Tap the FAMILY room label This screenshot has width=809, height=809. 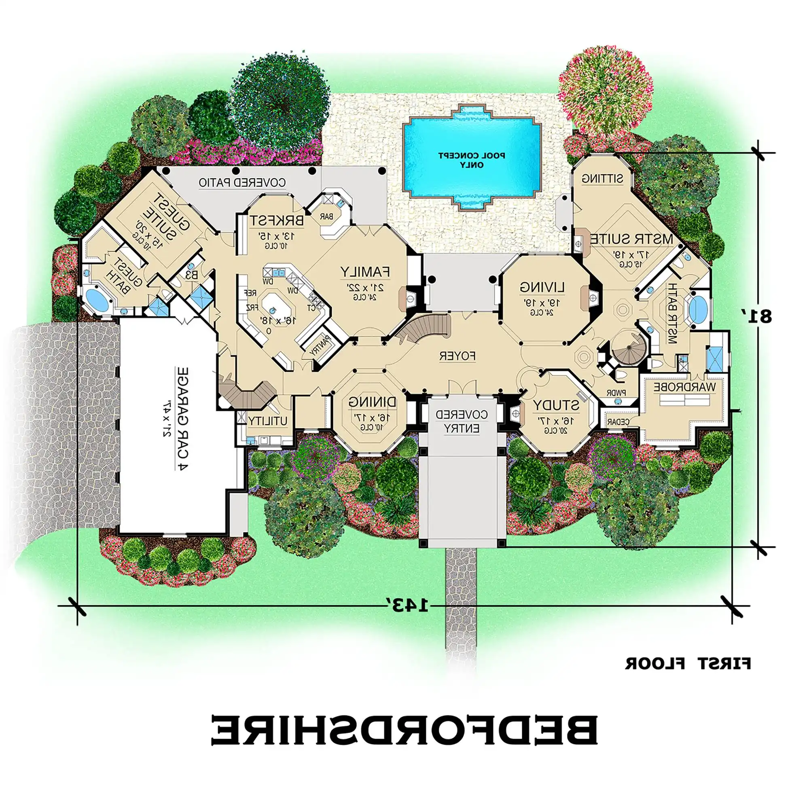coord(365,272)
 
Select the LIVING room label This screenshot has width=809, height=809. coord(542,287)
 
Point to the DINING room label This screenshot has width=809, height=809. coord(372,402)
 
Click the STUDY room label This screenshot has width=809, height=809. coord(556,405)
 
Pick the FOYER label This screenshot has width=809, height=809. coord(457,356)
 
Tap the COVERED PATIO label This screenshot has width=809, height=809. coord(242,182)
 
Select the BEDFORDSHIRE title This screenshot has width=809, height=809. coord(404,741)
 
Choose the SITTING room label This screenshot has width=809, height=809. coord(602,178)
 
